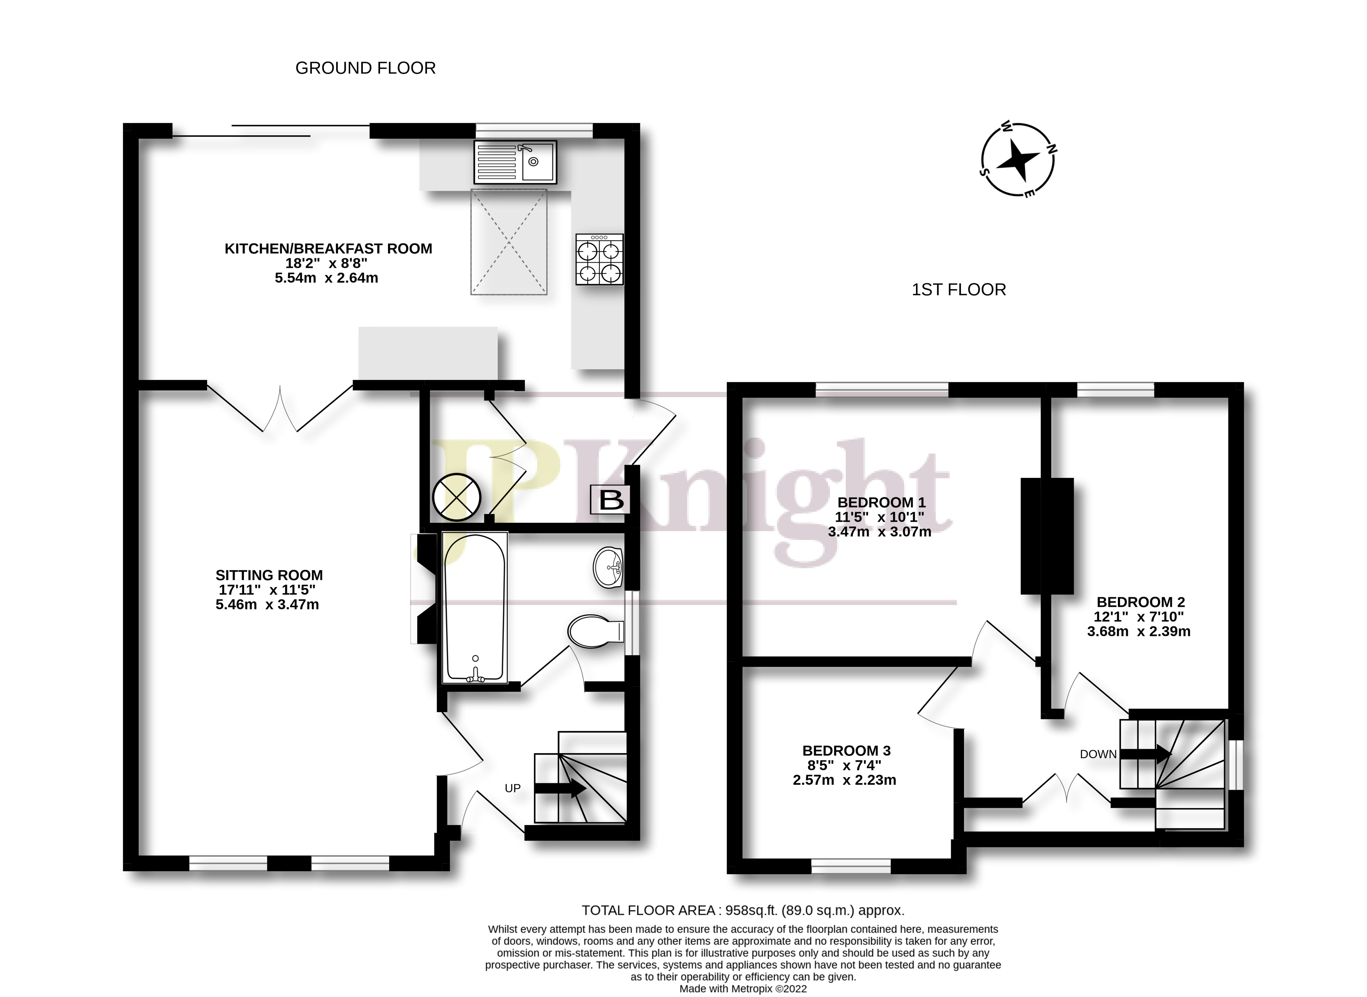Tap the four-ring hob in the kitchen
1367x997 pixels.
(x=599, y=259)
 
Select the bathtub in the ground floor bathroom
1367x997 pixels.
(x=475, y=608)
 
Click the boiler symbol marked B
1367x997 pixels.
(x=611, y=500)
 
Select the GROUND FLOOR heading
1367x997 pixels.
(x=365, y=68)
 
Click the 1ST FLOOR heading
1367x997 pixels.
(x=959, y=290)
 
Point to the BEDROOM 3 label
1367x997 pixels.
(x=846, y=751)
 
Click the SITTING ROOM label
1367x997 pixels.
(x=269, y=575)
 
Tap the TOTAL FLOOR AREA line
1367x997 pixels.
(x=743, y=910)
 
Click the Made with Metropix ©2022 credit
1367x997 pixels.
(x=743, y=989)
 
